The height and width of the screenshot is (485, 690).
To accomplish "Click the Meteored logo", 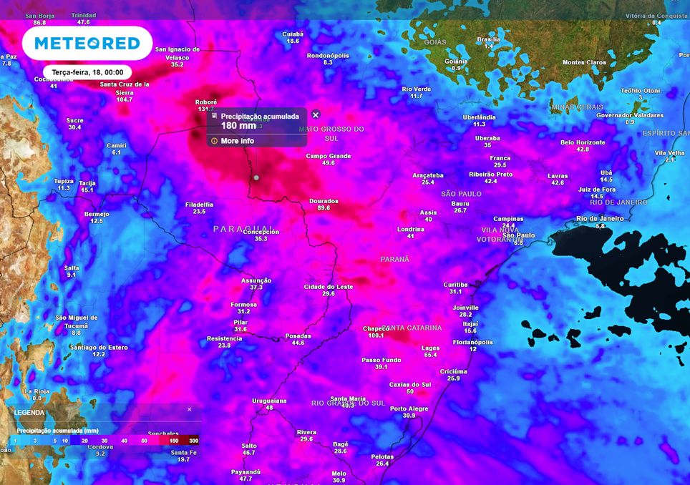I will (x=87, y=44).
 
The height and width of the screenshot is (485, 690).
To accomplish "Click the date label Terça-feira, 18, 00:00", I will (x=87, y=72).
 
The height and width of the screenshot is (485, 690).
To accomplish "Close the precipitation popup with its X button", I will (x=316, y=114).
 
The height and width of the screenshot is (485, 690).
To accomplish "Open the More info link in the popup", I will (x=237, y=141).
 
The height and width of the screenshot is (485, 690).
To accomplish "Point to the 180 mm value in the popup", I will (x=238, y=126).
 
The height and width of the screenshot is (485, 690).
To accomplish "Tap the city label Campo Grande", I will (x=329, y=156).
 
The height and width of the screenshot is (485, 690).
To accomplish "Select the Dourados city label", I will (x=324, y=201).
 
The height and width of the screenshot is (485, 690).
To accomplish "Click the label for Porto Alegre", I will (x=409, y=408).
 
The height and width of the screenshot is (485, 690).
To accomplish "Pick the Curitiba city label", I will (x=455, y=284).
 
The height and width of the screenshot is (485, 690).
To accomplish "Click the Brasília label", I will (x=488, y=39).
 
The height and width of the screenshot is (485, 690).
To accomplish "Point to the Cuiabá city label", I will (x=293, y=34).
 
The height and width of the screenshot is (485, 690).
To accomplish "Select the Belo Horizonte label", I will (x=583, y=142).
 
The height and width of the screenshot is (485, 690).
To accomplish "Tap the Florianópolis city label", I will (x=473, y=342).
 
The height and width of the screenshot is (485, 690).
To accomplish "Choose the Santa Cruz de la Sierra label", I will (x=125, y=88).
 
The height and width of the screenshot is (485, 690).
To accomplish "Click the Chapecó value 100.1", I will (x=376, y=335).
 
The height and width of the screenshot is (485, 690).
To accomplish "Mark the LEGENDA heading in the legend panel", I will (x=29, y=413).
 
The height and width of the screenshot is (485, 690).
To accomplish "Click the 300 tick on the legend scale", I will (x=193, y=441).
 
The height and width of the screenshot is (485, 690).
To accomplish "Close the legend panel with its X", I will (x=190, y=409).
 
